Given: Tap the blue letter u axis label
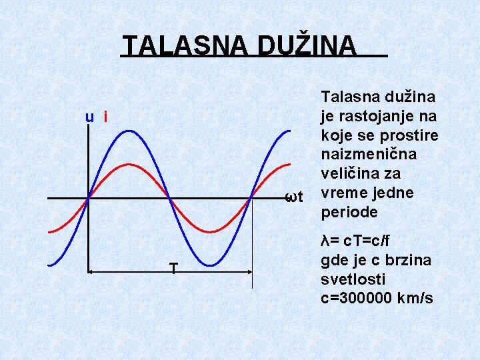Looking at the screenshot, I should click(89, 117).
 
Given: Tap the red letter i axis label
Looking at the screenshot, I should click(105, 117).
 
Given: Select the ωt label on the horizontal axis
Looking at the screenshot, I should click(294, 197).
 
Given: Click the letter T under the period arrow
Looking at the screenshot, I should click(173, 269).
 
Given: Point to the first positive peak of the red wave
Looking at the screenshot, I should click(129, 164).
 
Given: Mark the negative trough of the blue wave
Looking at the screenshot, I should click(210, 265).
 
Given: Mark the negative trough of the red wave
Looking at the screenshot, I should click(210, 231).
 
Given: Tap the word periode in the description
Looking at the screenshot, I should click(349, 212).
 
